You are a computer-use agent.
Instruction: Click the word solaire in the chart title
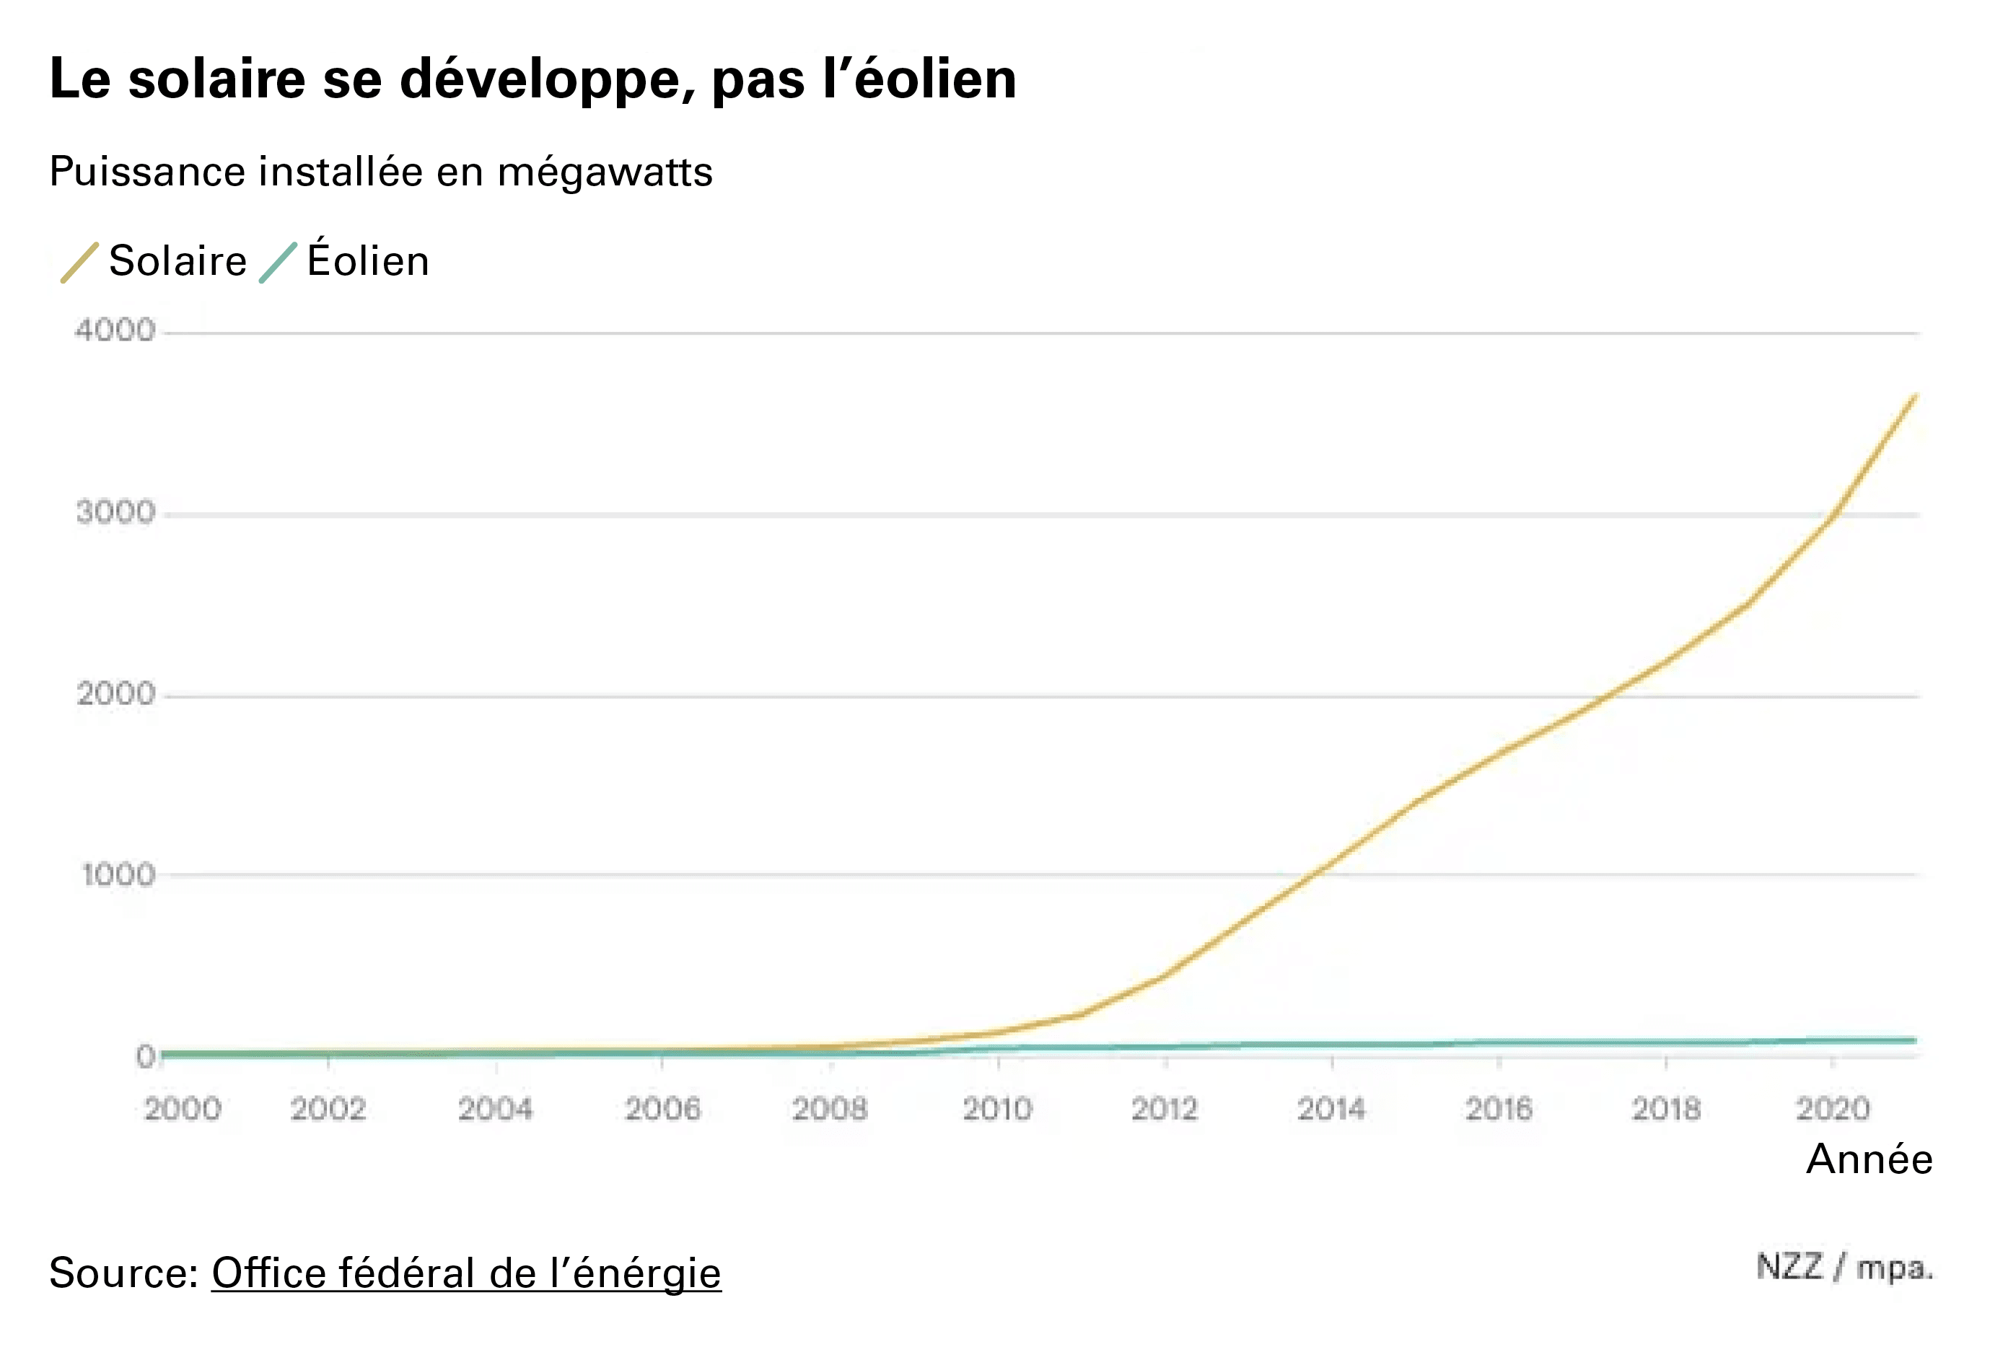pyautogui.click(x=216, y=79)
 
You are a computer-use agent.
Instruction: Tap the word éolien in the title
pyautogui.click(x=935, y=79)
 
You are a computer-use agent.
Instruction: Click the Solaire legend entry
pyautogui.click(x=177, y=260)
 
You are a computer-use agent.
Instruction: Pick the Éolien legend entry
pyautogui.click(x=367, y=260)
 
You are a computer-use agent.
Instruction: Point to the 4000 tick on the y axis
pyautogui.click(x=115, y=330)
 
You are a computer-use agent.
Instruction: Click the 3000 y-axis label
pyautogui.click(x=115, y=513)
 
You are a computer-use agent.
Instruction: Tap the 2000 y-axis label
pyautogui.click(x=115, y=693)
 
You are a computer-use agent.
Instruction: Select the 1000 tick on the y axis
pyautogui.click(x=118, y=875)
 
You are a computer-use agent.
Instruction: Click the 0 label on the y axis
pyautogui.click(x=146, y=1057)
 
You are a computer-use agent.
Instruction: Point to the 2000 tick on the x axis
pyautogui.click(x=183, y=1109)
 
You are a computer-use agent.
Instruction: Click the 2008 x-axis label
pyautogui.click(x=829, y=1109)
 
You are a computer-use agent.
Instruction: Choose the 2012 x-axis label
pyautogui.click(x=1164, y=1109)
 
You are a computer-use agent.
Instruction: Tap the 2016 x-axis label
pyautogui.click(x=1498, y=1109)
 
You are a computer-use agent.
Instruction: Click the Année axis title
pyautogui.click(x=1870, y=1159)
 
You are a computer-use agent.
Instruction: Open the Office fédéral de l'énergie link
pyautogui.click(x=466, y=1273)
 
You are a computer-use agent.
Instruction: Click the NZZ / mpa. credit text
pyautogui.click(x=1844, y=1268)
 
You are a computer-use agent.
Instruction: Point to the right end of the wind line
pyautogui.click(x=1915, y=1040)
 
